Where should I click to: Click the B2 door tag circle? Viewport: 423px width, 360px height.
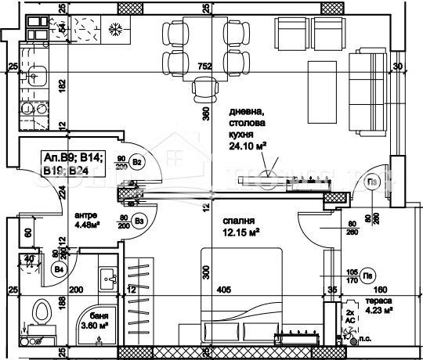click(137, 163)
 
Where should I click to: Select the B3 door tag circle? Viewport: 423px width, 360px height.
click(139, 220)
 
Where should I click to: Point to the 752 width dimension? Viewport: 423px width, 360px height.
click(205, 67)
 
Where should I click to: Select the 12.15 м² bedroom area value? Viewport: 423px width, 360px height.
click(241, 231)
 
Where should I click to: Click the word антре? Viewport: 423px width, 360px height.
click(85, 215)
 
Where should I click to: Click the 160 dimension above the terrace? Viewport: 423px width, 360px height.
click(368, 290)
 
